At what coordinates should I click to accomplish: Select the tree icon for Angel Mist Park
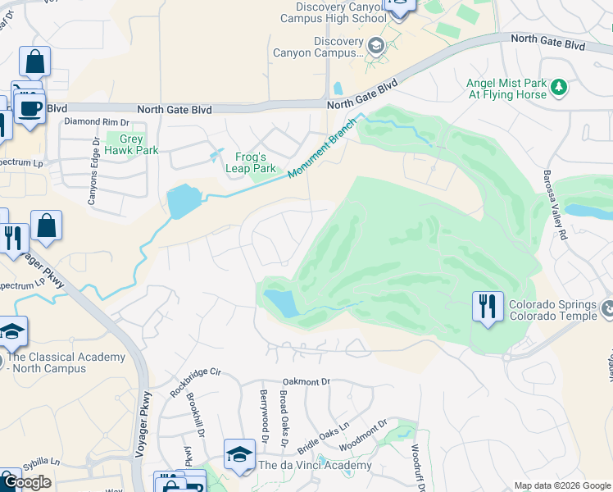(x=559, y=87)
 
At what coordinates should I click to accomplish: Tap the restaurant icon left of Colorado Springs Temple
(x=488, y=307)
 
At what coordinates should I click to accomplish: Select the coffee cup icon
(x=30, y=108)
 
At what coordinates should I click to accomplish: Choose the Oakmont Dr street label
(x=306, y=381)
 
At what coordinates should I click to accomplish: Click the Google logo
(x=26, y=482)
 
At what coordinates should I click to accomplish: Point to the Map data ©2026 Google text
(x=561, y=485)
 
